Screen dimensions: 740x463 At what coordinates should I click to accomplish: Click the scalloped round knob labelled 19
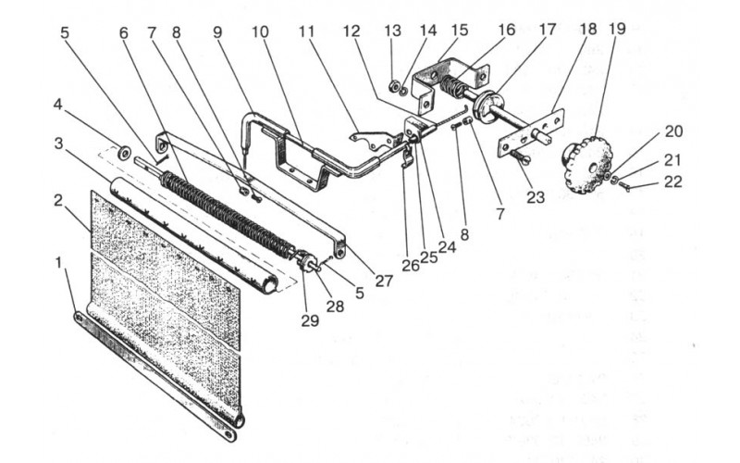click(586, 163)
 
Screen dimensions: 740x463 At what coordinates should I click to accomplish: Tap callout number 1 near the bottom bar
click(58, 262)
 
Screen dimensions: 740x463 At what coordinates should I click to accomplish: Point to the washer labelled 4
click(125, 153)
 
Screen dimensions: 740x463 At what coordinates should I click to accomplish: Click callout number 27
click(384, 281)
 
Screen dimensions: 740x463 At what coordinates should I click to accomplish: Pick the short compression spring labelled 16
click(452, 85)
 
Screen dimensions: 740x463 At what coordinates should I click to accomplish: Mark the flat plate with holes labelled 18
click(530, 132)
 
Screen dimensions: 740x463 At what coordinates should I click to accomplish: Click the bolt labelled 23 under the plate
click(520, 157)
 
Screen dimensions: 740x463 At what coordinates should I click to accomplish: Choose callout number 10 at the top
click(260, 32)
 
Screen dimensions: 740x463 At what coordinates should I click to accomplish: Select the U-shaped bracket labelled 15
click(449, 82)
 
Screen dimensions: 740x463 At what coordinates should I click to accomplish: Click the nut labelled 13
click(392, 86)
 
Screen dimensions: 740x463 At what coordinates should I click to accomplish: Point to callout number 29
click(310, 320)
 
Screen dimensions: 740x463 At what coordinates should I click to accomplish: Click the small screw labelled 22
click(623, 187)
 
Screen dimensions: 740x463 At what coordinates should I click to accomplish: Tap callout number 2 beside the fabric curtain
click(58, 200)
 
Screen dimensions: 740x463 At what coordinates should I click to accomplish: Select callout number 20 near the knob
click(674, 131)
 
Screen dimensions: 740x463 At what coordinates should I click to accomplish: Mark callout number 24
click(447, 246)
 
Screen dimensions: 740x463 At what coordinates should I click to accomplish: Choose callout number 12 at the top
click(351, 31)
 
